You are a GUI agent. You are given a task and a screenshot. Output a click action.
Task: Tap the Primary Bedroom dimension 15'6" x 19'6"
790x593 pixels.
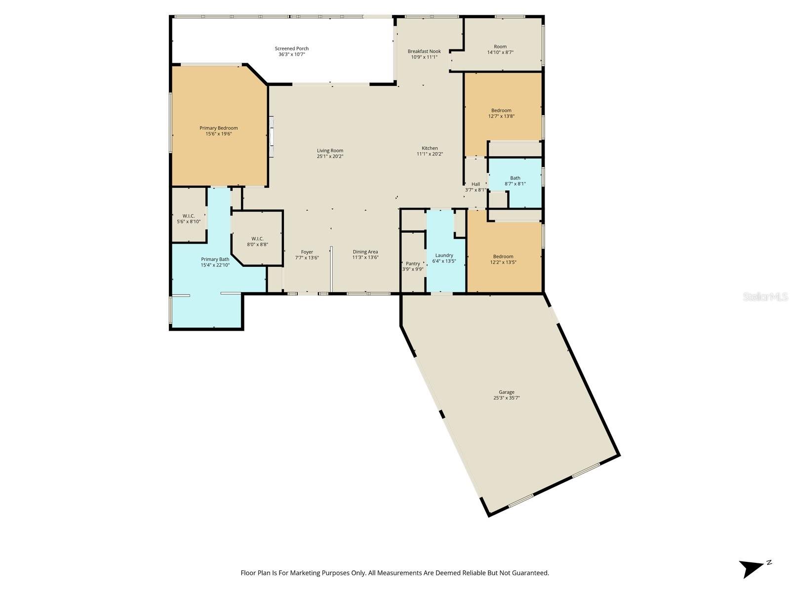[x=219, y=134]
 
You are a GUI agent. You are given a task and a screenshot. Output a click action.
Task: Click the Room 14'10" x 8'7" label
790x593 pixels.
[x=500, y=49]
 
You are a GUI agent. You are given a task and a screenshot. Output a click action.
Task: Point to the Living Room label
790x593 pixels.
[x=330, y=151]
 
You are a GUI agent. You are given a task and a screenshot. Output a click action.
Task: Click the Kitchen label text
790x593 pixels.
[x=430, y=148]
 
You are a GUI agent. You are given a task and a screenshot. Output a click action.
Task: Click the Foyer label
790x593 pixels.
[x=307, y=252]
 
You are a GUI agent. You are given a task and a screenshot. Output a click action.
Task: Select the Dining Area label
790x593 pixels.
[x=365, y=252]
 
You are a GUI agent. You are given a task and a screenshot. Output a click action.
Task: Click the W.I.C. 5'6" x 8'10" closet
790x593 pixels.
[x=189, y=219]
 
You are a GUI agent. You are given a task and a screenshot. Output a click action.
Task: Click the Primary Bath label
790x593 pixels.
[x=215, y=259]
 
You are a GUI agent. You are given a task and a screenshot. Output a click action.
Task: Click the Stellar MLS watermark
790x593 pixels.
[x=765, y=297]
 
